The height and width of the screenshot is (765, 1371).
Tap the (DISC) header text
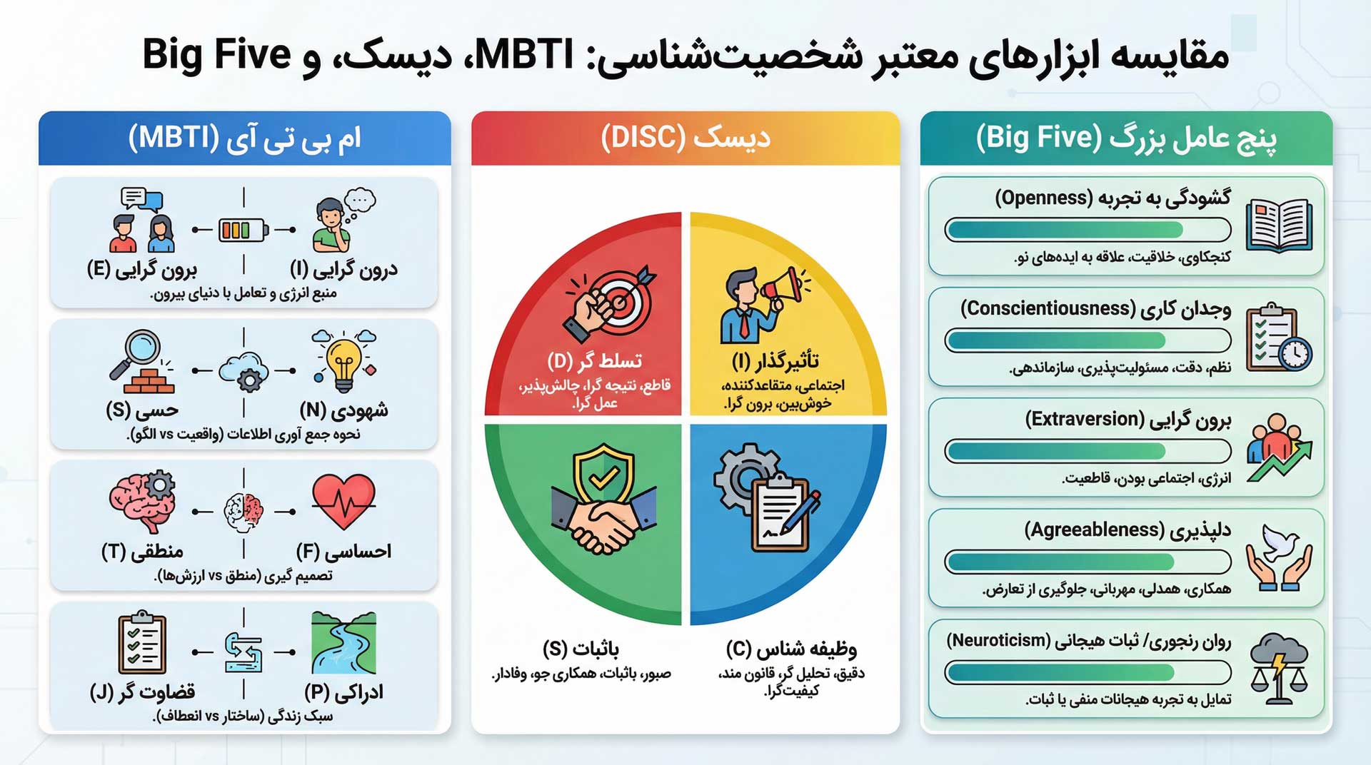643,137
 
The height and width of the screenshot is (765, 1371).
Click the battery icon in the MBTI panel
243,230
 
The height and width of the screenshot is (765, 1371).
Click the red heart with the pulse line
343,501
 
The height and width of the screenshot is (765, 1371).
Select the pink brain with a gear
142,500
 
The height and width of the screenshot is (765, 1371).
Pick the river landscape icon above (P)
343,643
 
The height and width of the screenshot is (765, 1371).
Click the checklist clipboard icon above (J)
142,642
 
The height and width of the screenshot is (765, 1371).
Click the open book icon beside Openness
1279,226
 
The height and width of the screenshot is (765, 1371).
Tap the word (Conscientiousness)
1048,308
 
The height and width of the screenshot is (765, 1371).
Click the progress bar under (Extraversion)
1088,451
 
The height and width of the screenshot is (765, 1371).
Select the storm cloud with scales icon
1279,667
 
